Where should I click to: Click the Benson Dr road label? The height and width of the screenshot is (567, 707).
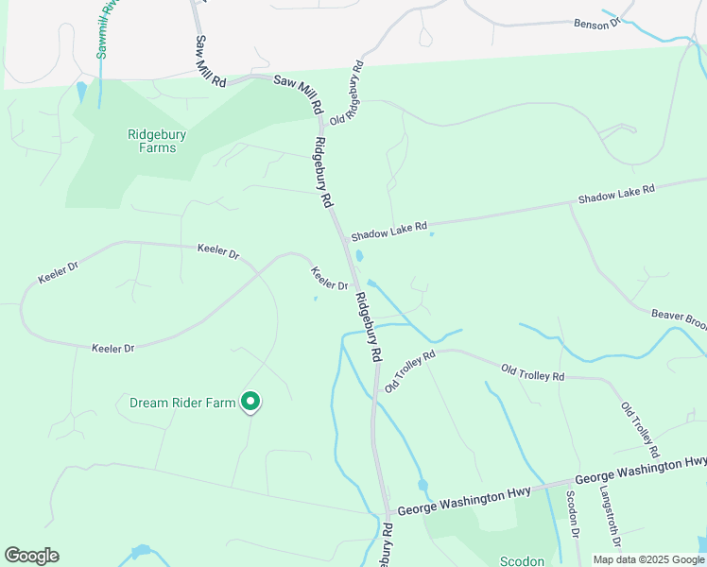pyautogui.click(x=597, y=21)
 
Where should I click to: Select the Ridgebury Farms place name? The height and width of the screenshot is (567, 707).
pyautogui.click(x=157, y=141)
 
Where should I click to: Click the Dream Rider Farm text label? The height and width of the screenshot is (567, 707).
pyautogui.click(x=181, y=403)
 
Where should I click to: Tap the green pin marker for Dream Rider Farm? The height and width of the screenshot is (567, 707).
pyautogui.click(x=250, y=403)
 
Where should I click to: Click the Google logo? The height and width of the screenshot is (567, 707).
pyautogui.click(x=31, y=556)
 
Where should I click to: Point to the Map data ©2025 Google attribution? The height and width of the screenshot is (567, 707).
pyautogui.click(x=648, y=559)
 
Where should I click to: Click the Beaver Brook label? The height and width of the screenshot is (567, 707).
pyautogui.click(x=679, y=319)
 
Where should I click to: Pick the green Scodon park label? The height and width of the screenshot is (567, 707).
pyautogui.click(x=521, y=561)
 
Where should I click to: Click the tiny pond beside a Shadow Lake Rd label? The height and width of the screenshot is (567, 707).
pyautogui.click(x=432, y=233)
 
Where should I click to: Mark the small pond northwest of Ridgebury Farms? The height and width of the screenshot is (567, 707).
pyautogui.click(x=81, y=91)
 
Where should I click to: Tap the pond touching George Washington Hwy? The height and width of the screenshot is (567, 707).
pyautogui.click(x=422, y=487)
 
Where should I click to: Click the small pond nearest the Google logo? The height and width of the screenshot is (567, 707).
pyautogui.click(x=142, y=550)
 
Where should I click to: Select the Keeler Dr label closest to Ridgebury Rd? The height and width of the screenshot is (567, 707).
pyautogui.click(x=330, y=279)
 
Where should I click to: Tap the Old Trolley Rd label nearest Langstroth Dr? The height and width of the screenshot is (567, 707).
pyautogui.click(x=638, y=422)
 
